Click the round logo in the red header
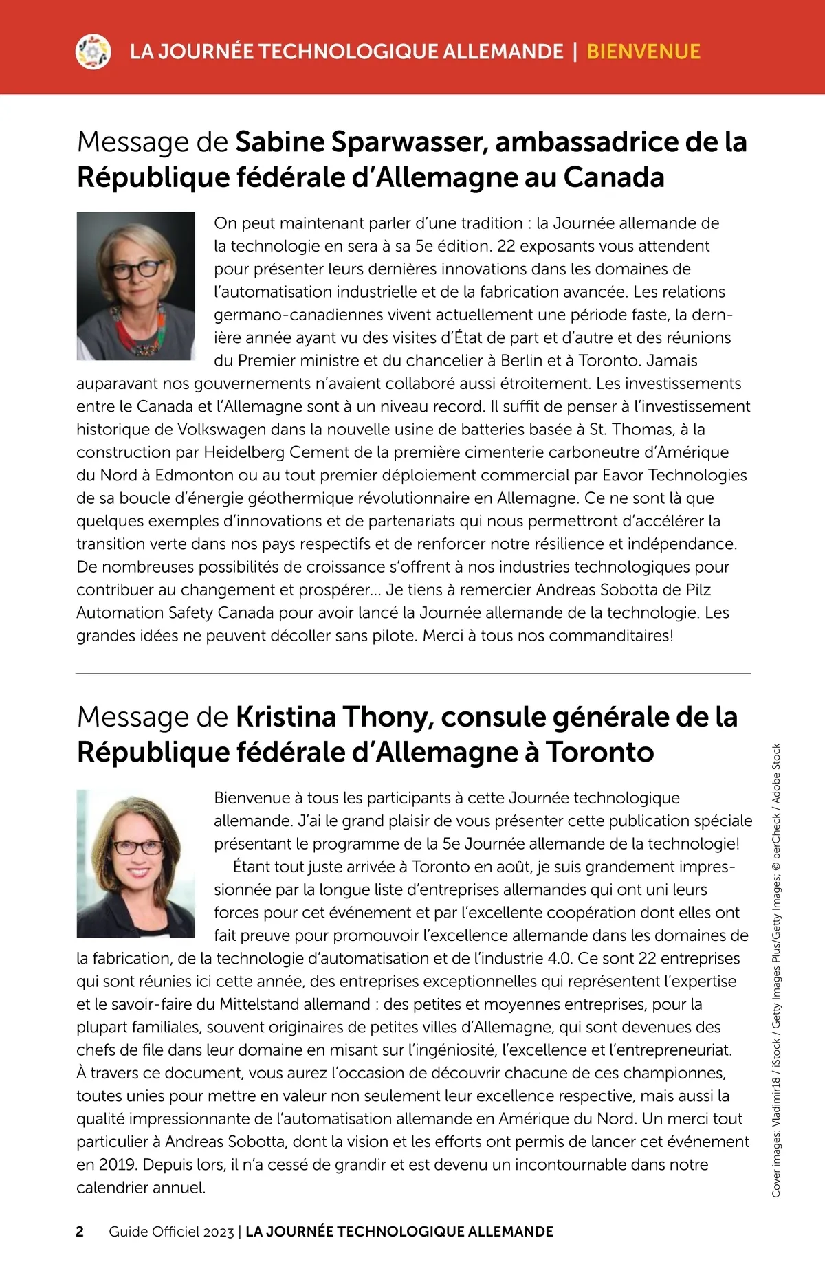(93, 52)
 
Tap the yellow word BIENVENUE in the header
(643, 52)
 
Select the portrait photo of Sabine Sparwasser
(136, 286)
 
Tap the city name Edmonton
(195, 475)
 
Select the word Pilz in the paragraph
(698, 590)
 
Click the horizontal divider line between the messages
(412, 674)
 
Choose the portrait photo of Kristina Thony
(136, 863)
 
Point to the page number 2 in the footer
(80, 1231)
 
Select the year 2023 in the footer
(218, 1232)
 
